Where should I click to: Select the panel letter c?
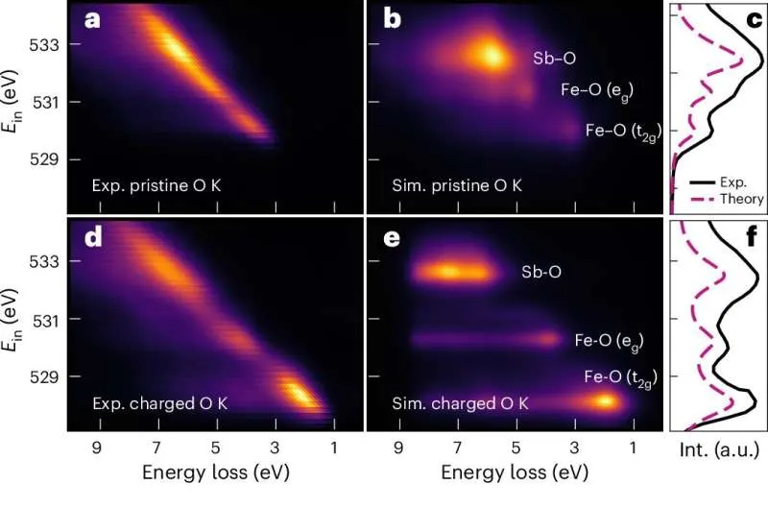click(x=753, y=19)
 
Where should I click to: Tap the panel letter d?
click(x=93, y=237)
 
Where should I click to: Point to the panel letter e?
click(x=393, y=237)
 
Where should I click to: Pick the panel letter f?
click(x=754, y=236)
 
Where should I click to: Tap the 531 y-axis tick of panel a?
click(x=47, y=102)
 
